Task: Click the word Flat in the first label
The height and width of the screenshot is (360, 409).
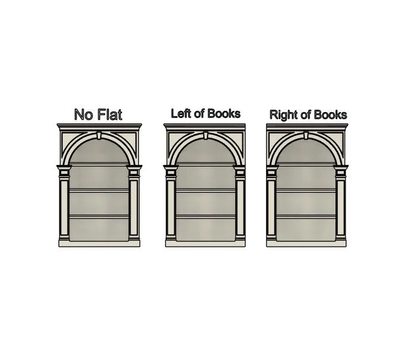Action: coord(110,114)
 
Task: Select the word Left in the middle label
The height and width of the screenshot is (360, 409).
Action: coord(181,113)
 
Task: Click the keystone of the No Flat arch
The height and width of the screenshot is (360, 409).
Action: coord(99,135)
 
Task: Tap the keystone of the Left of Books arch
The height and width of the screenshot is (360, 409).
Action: coord(206,135)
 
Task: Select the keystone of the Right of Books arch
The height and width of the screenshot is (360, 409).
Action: coord(306,135)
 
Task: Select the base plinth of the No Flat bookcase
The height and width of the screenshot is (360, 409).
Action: coord(99,244)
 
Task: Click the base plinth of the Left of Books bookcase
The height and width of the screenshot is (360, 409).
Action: coord(205,244)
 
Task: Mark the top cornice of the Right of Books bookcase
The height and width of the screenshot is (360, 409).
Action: coord(307,126)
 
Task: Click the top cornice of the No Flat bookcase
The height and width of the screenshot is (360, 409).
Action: coord(100,126)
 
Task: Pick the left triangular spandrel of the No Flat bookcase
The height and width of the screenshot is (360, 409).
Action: coord(71,142)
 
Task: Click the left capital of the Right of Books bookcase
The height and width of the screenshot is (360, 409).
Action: coord(271,170)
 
